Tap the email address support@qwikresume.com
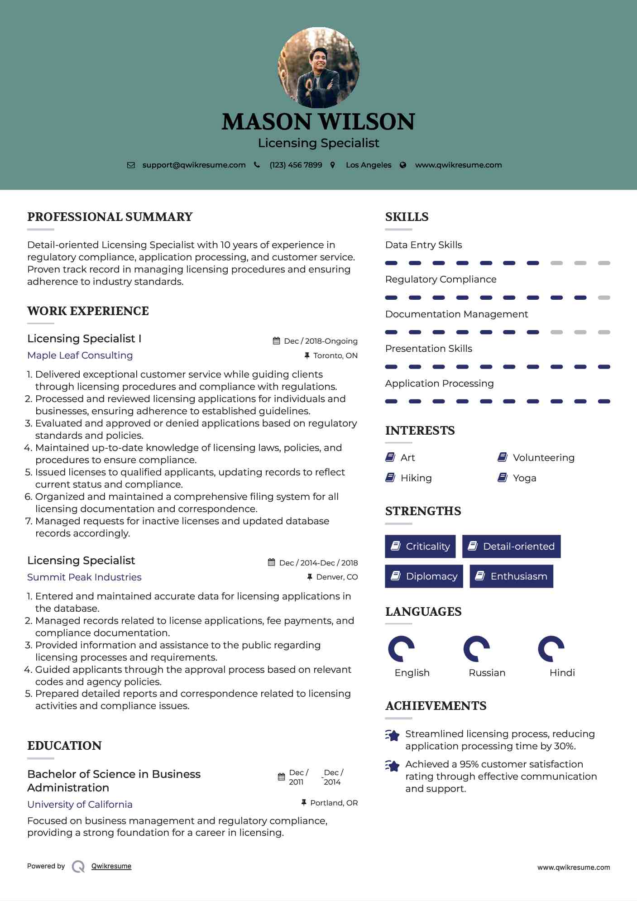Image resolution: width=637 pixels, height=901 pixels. click(x=194, y=165)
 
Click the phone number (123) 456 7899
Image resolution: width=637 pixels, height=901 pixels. click(x=296, y=165)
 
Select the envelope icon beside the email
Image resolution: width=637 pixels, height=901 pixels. click(x=131, y=165)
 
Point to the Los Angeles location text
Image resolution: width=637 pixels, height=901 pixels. click(x=369, y=165)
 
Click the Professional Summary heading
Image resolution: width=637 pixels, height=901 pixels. click(x=110, y=217)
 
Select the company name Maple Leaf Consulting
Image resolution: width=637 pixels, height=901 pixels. click(x=80, y=355)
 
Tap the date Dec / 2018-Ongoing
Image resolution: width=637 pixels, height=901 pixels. click(x=321, y=341)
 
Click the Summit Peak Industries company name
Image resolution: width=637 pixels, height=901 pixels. click(x=84, y=577)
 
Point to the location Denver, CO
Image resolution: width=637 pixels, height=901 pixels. click(x=337, y=577)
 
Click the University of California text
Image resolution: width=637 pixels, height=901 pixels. click(x=80, y=805)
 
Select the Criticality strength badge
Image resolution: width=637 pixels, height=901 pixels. click(x=420, y=546)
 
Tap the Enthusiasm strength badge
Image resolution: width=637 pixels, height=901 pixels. click(x=511, y=576)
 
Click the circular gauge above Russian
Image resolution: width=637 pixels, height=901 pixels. click(x=477, y=649)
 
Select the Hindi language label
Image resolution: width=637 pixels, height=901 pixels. click(x=562, y=673)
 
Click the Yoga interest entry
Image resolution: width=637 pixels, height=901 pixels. click(x=524, y=478)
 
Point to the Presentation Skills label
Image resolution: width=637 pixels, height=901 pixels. click(x=428, y=349)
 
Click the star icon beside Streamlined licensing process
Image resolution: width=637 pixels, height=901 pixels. click(x=393, y=735)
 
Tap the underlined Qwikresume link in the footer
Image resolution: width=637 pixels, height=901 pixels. click(x=111, y=866)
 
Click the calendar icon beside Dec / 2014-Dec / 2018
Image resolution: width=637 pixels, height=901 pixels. click(x=272, y=563)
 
